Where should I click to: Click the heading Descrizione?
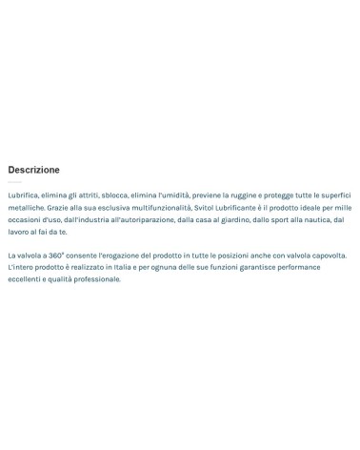pos(33,170)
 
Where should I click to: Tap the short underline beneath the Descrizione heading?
pos(14,182)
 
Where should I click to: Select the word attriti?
pos(87,194)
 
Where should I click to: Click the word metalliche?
pos(26,207)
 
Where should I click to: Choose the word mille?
pos(342,207)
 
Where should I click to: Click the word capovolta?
pos(327,256)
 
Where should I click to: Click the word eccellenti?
pos(26,279)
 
